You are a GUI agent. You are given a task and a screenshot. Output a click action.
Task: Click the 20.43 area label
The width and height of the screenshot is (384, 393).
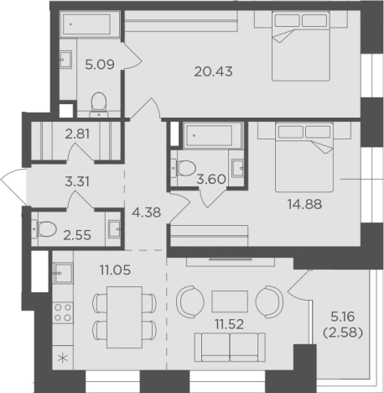coord(213,72)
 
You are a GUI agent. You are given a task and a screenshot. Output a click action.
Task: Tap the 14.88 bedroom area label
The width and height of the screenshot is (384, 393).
coord(304,204)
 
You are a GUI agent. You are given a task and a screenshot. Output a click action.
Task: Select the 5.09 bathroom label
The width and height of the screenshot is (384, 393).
coord(100,65)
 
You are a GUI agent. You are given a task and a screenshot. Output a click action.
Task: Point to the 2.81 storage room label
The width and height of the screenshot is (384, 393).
coord(77,134)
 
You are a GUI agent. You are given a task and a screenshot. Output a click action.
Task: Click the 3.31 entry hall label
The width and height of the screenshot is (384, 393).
coord(77,182)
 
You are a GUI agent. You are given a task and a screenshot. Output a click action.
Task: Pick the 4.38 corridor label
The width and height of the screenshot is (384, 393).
coord(147,212)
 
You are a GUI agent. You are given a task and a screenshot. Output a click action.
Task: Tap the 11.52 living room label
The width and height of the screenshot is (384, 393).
coord(229,324)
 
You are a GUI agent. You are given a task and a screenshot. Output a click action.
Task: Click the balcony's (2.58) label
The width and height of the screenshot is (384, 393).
coord(343,333)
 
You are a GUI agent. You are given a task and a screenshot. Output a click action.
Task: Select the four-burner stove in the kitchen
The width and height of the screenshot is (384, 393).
coord(63,312)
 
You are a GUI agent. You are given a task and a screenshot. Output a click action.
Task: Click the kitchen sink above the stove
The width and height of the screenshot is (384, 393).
coord(63,273)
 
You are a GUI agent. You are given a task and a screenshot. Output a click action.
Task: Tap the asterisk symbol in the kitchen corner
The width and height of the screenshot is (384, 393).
coord(63,359)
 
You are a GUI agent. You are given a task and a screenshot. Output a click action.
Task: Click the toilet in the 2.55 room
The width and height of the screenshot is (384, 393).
coord(44,229)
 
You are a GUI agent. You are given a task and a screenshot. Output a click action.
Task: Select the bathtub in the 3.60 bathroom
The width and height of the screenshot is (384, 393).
coord(212,135)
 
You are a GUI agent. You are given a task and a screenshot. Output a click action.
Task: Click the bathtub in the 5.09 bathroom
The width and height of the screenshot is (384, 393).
coord(90,24)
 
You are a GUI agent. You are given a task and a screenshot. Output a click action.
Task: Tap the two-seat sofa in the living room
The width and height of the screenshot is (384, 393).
coord(230,348)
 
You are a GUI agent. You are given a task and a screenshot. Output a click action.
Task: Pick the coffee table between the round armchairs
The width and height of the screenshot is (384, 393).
coord(230,301)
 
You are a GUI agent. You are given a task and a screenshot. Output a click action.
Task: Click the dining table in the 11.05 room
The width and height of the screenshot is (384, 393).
coord(125,317)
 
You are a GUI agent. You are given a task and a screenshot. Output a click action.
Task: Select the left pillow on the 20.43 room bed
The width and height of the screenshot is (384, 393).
coord(288,20)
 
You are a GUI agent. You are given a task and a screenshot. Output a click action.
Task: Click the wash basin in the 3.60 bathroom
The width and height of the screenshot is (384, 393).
coord(238,168)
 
